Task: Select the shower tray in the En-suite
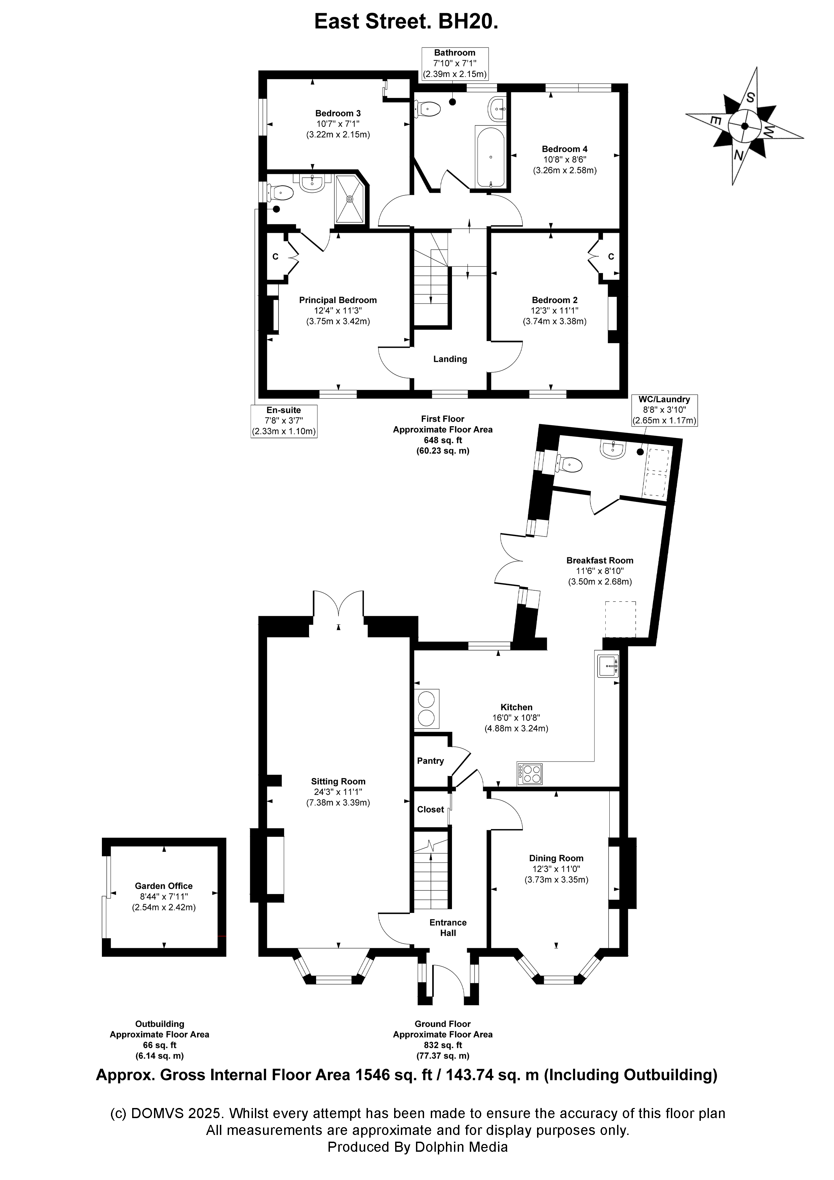pyautogui.click(x=350, y=198)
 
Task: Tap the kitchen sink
pyautogui.click(x=608, y=667)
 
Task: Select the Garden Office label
pyautogui.click(x=163, y=900)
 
